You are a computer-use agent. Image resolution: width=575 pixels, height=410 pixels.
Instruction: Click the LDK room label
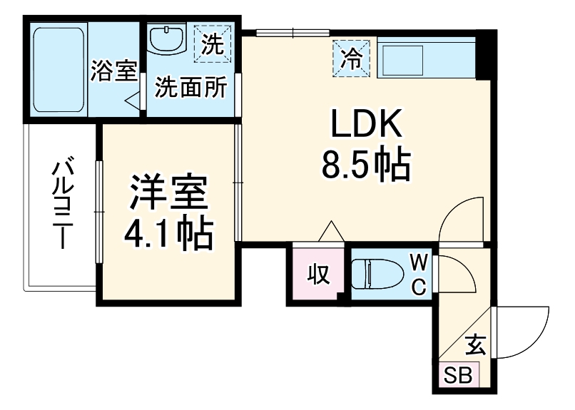[x=366, y=127]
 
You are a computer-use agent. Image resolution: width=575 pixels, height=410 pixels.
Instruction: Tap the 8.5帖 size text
[x=366, y=167]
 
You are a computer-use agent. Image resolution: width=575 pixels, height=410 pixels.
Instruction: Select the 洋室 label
[x=168, y=193]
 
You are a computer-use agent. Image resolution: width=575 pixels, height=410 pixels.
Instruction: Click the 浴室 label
[x=114, y=72]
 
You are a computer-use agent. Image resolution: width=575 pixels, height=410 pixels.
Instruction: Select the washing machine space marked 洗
[x=212, y=44]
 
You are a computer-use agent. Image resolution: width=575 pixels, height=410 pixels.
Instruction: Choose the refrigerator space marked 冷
[x=351, y=57]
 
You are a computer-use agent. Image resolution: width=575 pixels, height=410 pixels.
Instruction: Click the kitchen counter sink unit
[x=425, y=56]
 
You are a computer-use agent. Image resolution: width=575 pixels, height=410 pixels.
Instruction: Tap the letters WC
[x=419, y=273]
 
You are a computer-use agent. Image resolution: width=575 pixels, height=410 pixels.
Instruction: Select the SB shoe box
[x=458, y=375]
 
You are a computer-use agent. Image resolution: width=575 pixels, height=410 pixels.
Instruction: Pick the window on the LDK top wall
[x=292, y=33]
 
